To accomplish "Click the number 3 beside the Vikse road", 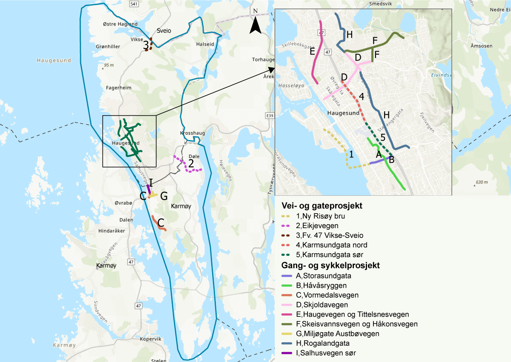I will pos(146,44).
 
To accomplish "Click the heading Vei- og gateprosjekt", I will pos(322,206).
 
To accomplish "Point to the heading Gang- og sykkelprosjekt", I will pos(331,266).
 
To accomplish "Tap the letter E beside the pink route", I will pos(312,52).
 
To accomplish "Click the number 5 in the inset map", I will pos(382,137).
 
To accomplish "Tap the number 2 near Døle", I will pos(191,162).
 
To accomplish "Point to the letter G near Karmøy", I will pos(164,196).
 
